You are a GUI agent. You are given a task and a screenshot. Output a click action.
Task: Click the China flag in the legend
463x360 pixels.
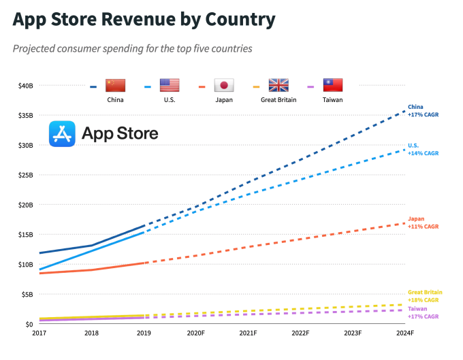click(x=116, y=86)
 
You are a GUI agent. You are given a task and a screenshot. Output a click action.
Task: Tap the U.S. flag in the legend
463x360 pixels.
click(x=170, y=86)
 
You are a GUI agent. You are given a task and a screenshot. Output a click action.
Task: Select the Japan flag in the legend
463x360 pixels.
click(x=224, y=86)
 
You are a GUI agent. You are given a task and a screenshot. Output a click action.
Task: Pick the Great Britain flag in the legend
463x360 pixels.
click(x=278, y=86)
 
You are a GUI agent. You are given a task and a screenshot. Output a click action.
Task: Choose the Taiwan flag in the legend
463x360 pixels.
click(x=332, y=86)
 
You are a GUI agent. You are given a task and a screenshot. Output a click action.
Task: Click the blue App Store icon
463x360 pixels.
click(x=63, y=134)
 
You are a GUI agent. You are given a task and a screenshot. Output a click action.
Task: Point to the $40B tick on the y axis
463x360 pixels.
click(x=25, y=86)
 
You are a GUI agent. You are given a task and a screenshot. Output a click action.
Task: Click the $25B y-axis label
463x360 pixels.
click(x=25, y=175)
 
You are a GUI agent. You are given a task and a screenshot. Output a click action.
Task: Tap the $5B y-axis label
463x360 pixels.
click(x=27, y=294)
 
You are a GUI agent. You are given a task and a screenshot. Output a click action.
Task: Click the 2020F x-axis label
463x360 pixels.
click(x=197, y=333)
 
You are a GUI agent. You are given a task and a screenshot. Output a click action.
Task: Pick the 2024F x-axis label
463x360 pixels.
click(x=405, y=333)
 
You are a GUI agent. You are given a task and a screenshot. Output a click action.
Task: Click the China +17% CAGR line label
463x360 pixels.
click(x=423, y=111)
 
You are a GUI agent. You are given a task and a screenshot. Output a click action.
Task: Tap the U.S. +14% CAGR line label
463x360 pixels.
click(x=423, y=150)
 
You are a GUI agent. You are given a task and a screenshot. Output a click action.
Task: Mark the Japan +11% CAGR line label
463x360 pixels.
click(x=423, y=223)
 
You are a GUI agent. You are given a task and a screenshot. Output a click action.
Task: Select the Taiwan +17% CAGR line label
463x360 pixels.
click(x=423, y=313)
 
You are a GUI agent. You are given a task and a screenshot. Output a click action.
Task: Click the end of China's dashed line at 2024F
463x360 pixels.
click(x=404, y=111)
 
